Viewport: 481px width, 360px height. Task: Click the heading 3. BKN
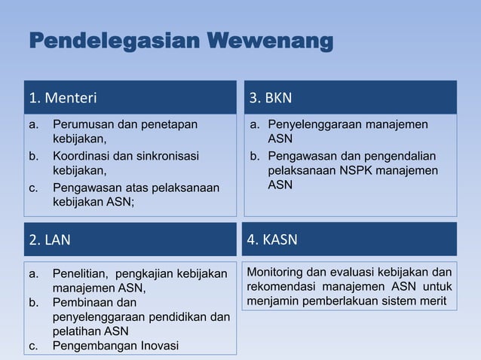[271, 97]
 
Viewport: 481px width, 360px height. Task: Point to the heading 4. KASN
[273, 241]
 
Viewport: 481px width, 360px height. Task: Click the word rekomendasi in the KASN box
[280, 287]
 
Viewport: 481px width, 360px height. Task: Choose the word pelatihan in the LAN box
[78, 331]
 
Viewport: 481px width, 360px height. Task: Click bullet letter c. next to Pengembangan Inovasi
[33, 346]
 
